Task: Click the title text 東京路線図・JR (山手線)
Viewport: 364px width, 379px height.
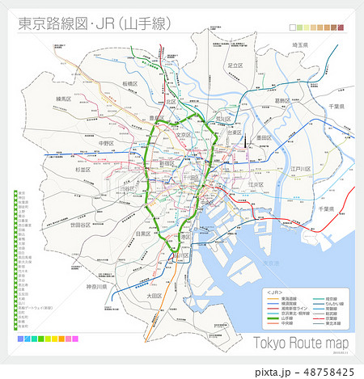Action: pos(95,23)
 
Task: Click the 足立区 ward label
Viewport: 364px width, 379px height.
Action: pos(235,65)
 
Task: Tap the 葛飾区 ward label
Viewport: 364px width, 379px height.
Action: pos(282,101)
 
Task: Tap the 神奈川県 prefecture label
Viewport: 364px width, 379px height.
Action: pos(103,287)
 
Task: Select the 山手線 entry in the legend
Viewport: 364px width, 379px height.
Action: pos(286,319)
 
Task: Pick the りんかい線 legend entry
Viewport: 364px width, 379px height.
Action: pos(334,304)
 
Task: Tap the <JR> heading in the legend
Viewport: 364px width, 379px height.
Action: pos(275,292)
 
